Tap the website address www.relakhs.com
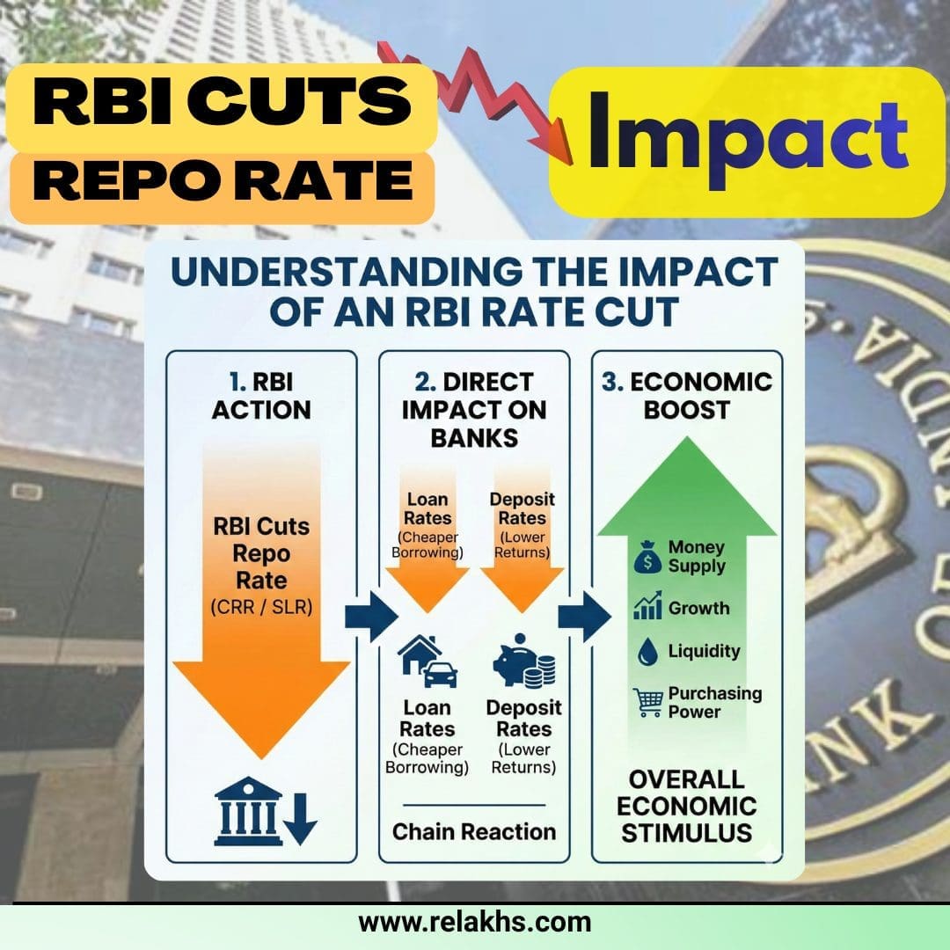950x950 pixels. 474,922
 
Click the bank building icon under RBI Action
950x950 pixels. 248,811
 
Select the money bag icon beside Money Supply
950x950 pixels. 647,558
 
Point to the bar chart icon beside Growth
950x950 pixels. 647,606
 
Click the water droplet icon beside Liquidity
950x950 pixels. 647,652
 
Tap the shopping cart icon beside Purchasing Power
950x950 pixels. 647,702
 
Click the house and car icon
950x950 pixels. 427,661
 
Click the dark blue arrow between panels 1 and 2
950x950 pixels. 371,617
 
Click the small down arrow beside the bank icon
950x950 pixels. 301,819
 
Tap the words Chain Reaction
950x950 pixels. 474,832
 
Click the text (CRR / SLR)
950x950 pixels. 261,607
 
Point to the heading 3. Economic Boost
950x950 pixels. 686,396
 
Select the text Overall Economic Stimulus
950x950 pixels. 686,807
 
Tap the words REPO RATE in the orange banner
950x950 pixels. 223,180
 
